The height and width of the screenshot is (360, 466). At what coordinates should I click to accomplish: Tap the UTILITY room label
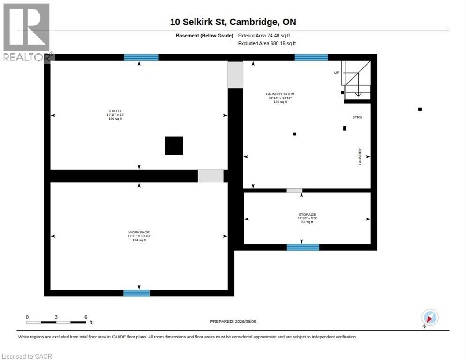coord(115,111)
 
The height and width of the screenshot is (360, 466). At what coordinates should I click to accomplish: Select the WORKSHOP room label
coord(139,232)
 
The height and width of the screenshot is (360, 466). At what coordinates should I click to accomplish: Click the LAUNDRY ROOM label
coord(280,94)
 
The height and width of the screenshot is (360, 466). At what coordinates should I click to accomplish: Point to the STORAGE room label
coord(307,214)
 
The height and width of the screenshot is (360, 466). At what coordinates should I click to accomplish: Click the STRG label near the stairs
coord(357,117)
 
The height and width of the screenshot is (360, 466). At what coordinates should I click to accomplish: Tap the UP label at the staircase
coord(337,73)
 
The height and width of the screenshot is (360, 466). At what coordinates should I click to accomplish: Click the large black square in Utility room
coord(174,146)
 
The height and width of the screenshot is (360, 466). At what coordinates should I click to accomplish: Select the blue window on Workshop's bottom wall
coord(137,293)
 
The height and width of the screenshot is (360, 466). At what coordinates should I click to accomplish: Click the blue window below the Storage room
coord(303,247)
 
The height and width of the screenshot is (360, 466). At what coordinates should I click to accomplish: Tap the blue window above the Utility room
coord(141,57)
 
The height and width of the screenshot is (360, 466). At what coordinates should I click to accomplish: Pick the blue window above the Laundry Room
coord(311,57)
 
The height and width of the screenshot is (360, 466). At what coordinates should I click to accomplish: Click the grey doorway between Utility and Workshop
coord(210,176)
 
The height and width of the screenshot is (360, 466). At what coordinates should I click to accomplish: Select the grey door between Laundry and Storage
coord(294,191)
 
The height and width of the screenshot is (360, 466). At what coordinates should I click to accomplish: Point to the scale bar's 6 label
coord(86,317)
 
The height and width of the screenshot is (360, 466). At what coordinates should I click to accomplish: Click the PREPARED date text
coord(233,321)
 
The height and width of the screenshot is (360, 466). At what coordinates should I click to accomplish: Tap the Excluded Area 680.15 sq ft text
coord(267,44)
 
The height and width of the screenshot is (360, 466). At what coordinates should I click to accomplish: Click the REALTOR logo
coord(27,32)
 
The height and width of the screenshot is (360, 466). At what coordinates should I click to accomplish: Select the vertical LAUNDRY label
coord(360,157)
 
